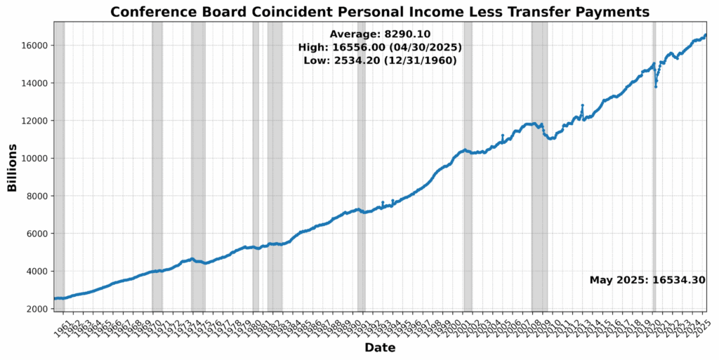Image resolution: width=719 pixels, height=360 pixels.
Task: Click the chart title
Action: pyautogui.click(x=380, y=12)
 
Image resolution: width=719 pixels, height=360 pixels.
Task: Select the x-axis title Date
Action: pyautogui.click(x=380, y=348)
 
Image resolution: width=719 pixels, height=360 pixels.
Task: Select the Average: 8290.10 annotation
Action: pyautogui.click(x=380, y=34)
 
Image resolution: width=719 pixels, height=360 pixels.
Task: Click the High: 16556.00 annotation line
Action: pyautogui.click(x=380, y=47)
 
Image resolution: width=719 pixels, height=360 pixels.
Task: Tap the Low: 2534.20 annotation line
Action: pyautogui.click(x=380, y=61)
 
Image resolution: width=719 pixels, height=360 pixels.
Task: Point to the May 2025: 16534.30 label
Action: pyautogui.click(x=647, y=280)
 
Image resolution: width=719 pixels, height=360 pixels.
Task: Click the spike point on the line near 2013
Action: pyautogui.click(x=582, y=105)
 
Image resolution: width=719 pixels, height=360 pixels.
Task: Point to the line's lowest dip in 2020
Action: pyautogui.click(x=656, y=86)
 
